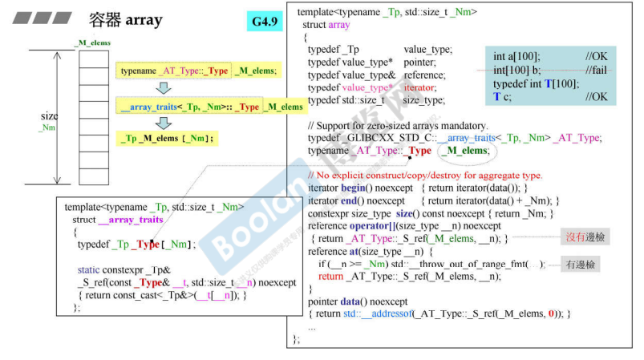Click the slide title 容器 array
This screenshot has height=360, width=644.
tap(124, 19)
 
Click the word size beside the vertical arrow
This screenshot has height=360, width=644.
tap(49, 116)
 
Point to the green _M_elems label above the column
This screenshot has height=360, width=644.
tap(93, 42)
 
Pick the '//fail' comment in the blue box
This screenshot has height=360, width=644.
tap(596, 71)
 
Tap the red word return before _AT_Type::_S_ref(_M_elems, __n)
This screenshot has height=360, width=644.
tap(330, 277)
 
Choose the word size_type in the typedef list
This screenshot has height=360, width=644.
tap(423, 100)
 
